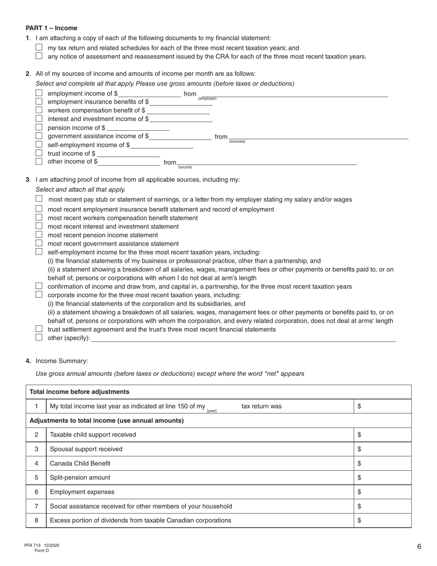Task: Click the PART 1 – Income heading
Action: click(52, 28)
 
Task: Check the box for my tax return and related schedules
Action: click(39, 47)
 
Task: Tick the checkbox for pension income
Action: click(39, 127)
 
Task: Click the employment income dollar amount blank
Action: click(150, 94)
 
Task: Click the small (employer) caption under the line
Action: click(207, 99)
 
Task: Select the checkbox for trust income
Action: click(39, 153)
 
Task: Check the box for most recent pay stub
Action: click(39, 199)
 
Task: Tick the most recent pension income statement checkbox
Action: click(39, 235)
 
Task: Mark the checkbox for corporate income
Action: click(39, 295)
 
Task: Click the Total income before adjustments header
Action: click(79, 392)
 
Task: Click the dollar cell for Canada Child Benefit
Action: click(382, 463)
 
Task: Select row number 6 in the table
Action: click(36, 492)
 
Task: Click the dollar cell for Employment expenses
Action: click(382, 492)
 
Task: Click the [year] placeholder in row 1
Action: click(212, 410)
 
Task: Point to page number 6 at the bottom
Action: click(419, 547)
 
